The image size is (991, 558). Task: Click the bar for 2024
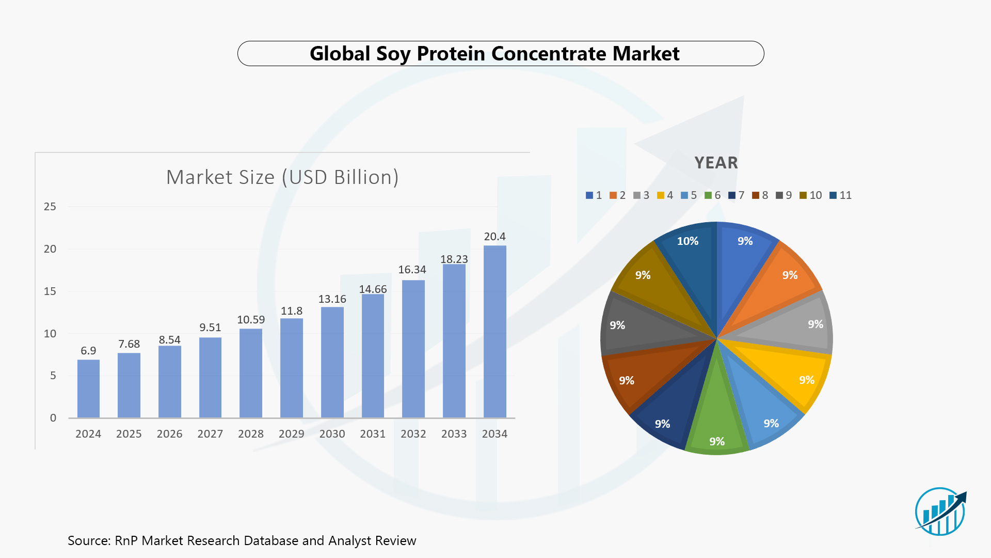[x=88, y=389]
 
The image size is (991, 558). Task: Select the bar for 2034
[x=494, y=332]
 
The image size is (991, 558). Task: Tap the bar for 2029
[x=292, y=368]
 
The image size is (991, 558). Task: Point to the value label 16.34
[x=412, y=270]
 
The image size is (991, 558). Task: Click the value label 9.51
[x=210, y=328]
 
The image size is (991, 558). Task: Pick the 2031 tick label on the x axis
[x=373, y=434]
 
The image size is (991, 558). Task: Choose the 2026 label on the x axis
[x=169, y=434]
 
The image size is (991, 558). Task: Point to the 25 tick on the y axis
[x=50, y=207]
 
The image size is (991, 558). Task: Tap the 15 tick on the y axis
[x=50, y=291]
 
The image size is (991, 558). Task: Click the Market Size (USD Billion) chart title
[x=282, y=177]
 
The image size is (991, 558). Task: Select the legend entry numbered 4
[x=665, y=195]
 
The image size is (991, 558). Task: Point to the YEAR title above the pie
[x=716, y=163]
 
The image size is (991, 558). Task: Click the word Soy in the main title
[x=393, y=54]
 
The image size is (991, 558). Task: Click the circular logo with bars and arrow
[x=940, y=512]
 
